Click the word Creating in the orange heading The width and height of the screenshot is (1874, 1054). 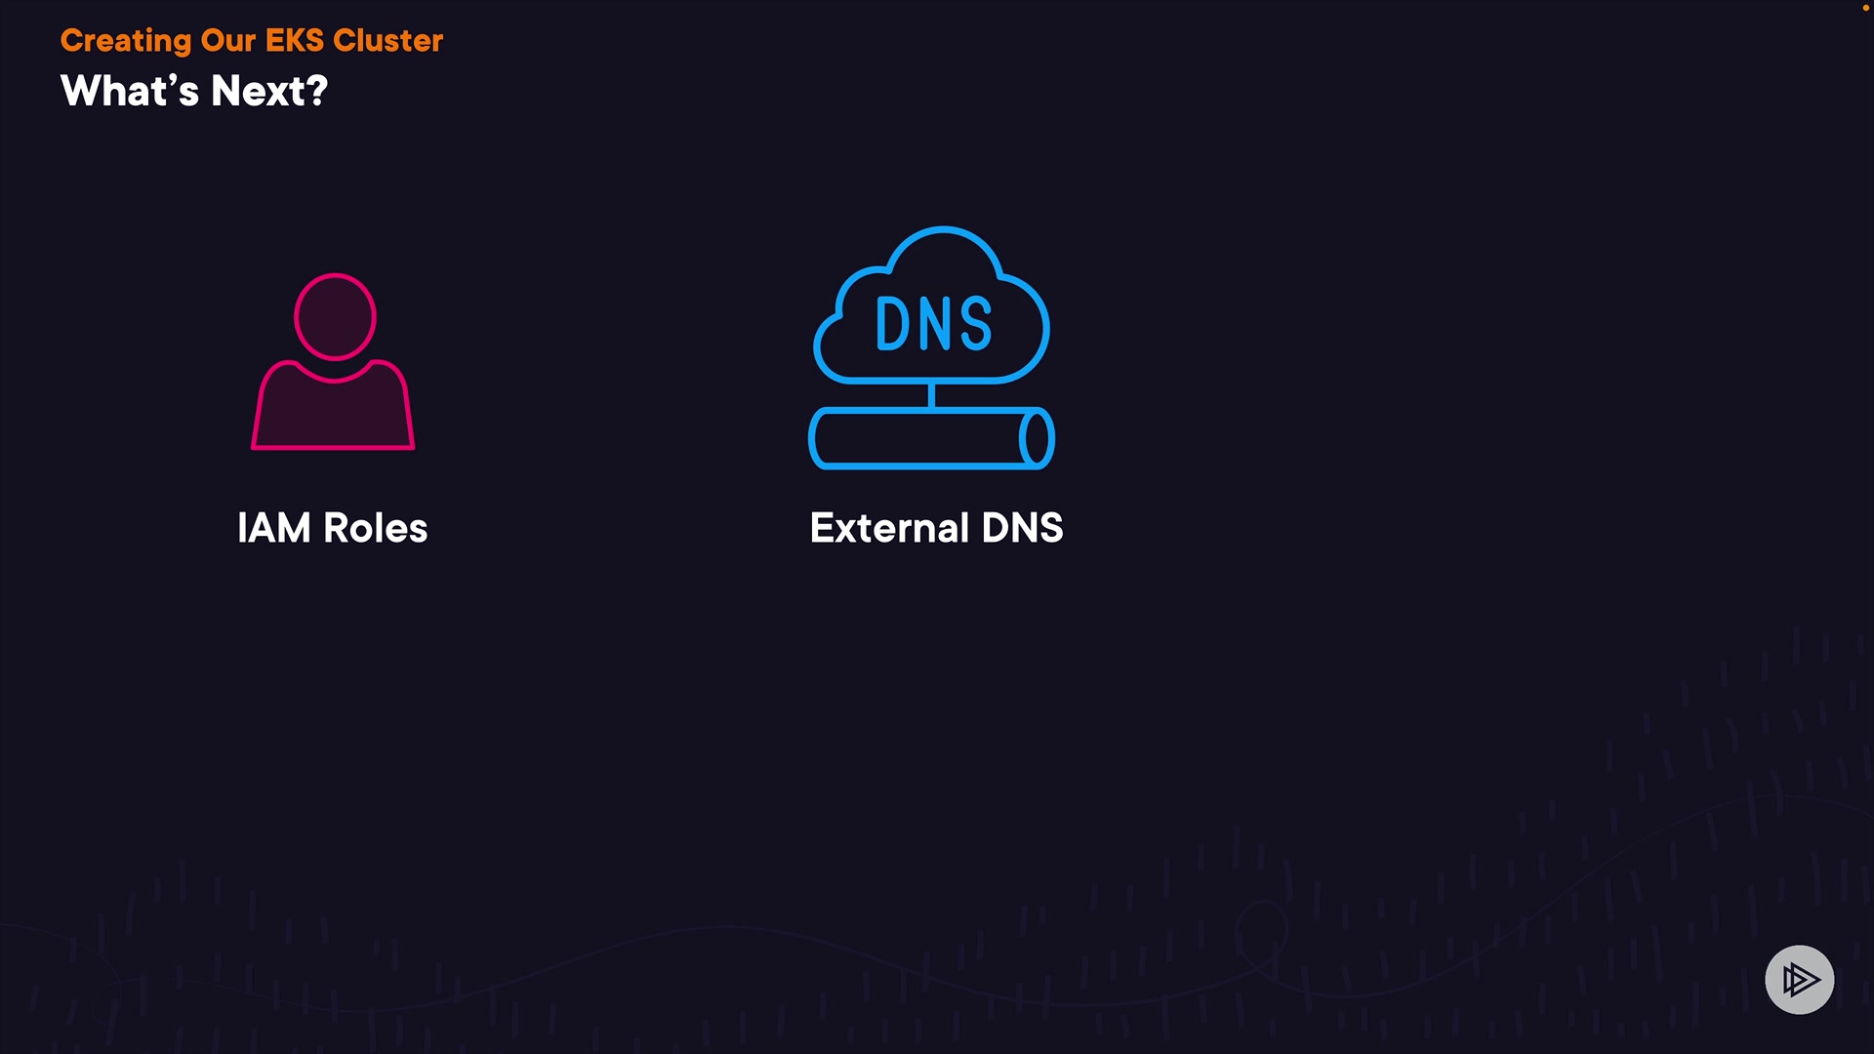point(125,41)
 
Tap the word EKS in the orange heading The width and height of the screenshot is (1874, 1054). point(294,41)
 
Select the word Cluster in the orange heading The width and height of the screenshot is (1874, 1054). point(387,41)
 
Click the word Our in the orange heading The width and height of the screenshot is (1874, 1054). point(227,41)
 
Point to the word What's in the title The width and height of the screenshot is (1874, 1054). point(130,92)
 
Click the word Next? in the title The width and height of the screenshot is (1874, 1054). point(269,92)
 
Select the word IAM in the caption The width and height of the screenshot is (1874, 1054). point(273,528)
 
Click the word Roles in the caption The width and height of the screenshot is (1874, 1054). point(376,528)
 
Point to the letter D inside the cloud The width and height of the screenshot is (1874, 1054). point(892,324)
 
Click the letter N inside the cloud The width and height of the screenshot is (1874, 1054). point(934,324)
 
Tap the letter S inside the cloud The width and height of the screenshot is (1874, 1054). point(975,324)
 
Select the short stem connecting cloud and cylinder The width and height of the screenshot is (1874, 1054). point(931,395)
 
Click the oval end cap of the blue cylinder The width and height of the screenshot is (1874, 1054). point(1037,438)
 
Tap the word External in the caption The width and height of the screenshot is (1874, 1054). point(889,528)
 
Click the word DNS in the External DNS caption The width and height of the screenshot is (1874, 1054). point(1022,528)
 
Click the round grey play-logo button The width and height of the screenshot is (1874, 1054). point(1799,979)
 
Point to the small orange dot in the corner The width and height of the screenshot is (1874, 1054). point(1865,8)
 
